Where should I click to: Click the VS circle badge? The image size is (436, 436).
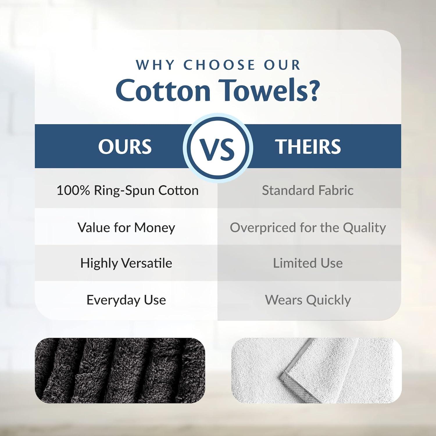tap(218, 147)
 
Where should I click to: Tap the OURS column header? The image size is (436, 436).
tap(125, 146)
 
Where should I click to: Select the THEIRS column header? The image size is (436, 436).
tap(308, 146)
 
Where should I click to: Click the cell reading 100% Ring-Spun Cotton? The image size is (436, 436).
tap(127, 191)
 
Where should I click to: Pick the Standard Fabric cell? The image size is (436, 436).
tap(308, 191)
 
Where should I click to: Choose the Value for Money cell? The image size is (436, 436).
tap(126, 228)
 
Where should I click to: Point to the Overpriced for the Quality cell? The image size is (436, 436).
tap(308, 228)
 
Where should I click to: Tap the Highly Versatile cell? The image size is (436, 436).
tap(126, 263)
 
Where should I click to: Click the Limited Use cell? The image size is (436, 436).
tap(308, 263)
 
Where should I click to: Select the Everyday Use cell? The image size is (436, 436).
tap(126, 300)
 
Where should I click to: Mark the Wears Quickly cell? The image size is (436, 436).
tap(308, 300)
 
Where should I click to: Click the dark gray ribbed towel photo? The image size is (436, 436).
tap(120, 370)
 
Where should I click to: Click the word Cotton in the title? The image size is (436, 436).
tap(163, 90)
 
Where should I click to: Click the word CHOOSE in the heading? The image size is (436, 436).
tap(219, 65)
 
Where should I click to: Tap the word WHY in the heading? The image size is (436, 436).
tap(155, 65)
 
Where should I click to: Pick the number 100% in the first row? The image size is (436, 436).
tap(73, 191)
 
